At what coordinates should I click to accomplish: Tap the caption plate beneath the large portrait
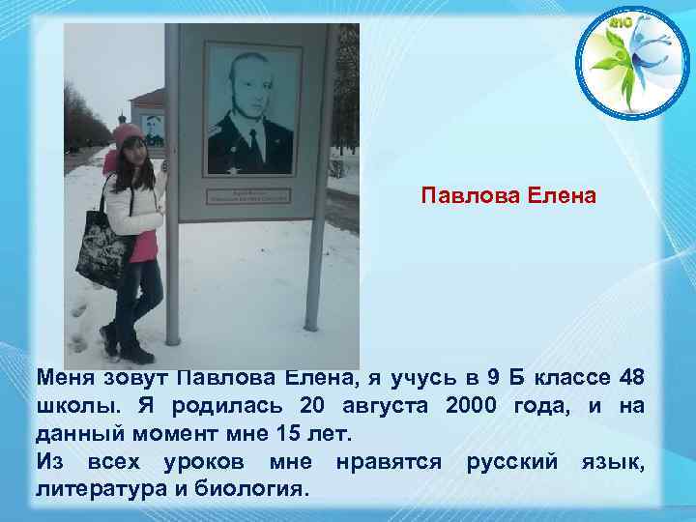(x=250, y=197)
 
